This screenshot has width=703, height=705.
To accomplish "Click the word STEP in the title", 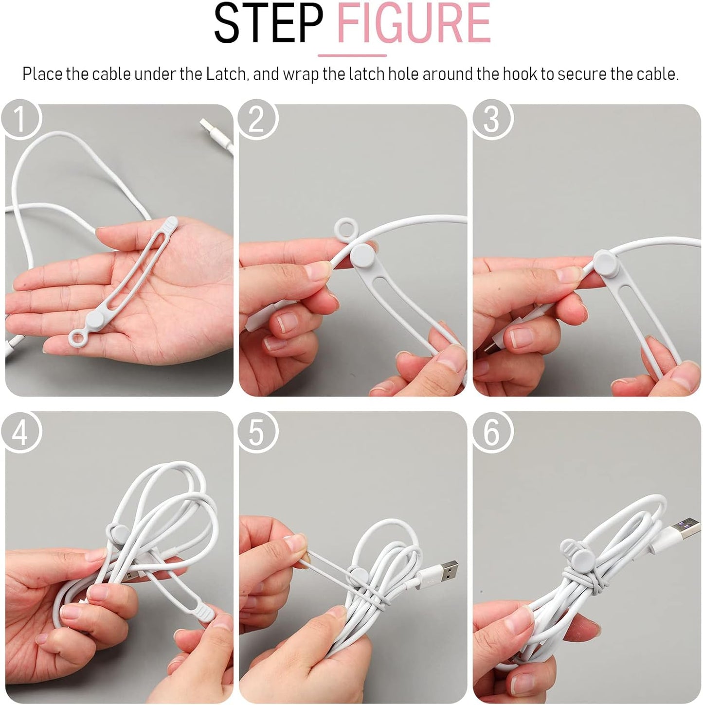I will click(x=268, y=24).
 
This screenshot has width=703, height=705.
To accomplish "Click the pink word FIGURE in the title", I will click(x=414, y=24).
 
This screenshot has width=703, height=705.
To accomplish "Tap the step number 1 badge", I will click(x=20, y=119).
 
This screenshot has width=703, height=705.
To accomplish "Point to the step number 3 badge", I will click(x=491, y=119).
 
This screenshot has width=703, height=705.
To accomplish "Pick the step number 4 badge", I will click(x=20, y=432).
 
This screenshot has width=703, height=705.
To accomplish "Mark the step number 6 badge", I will click(x=491, y=432).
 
